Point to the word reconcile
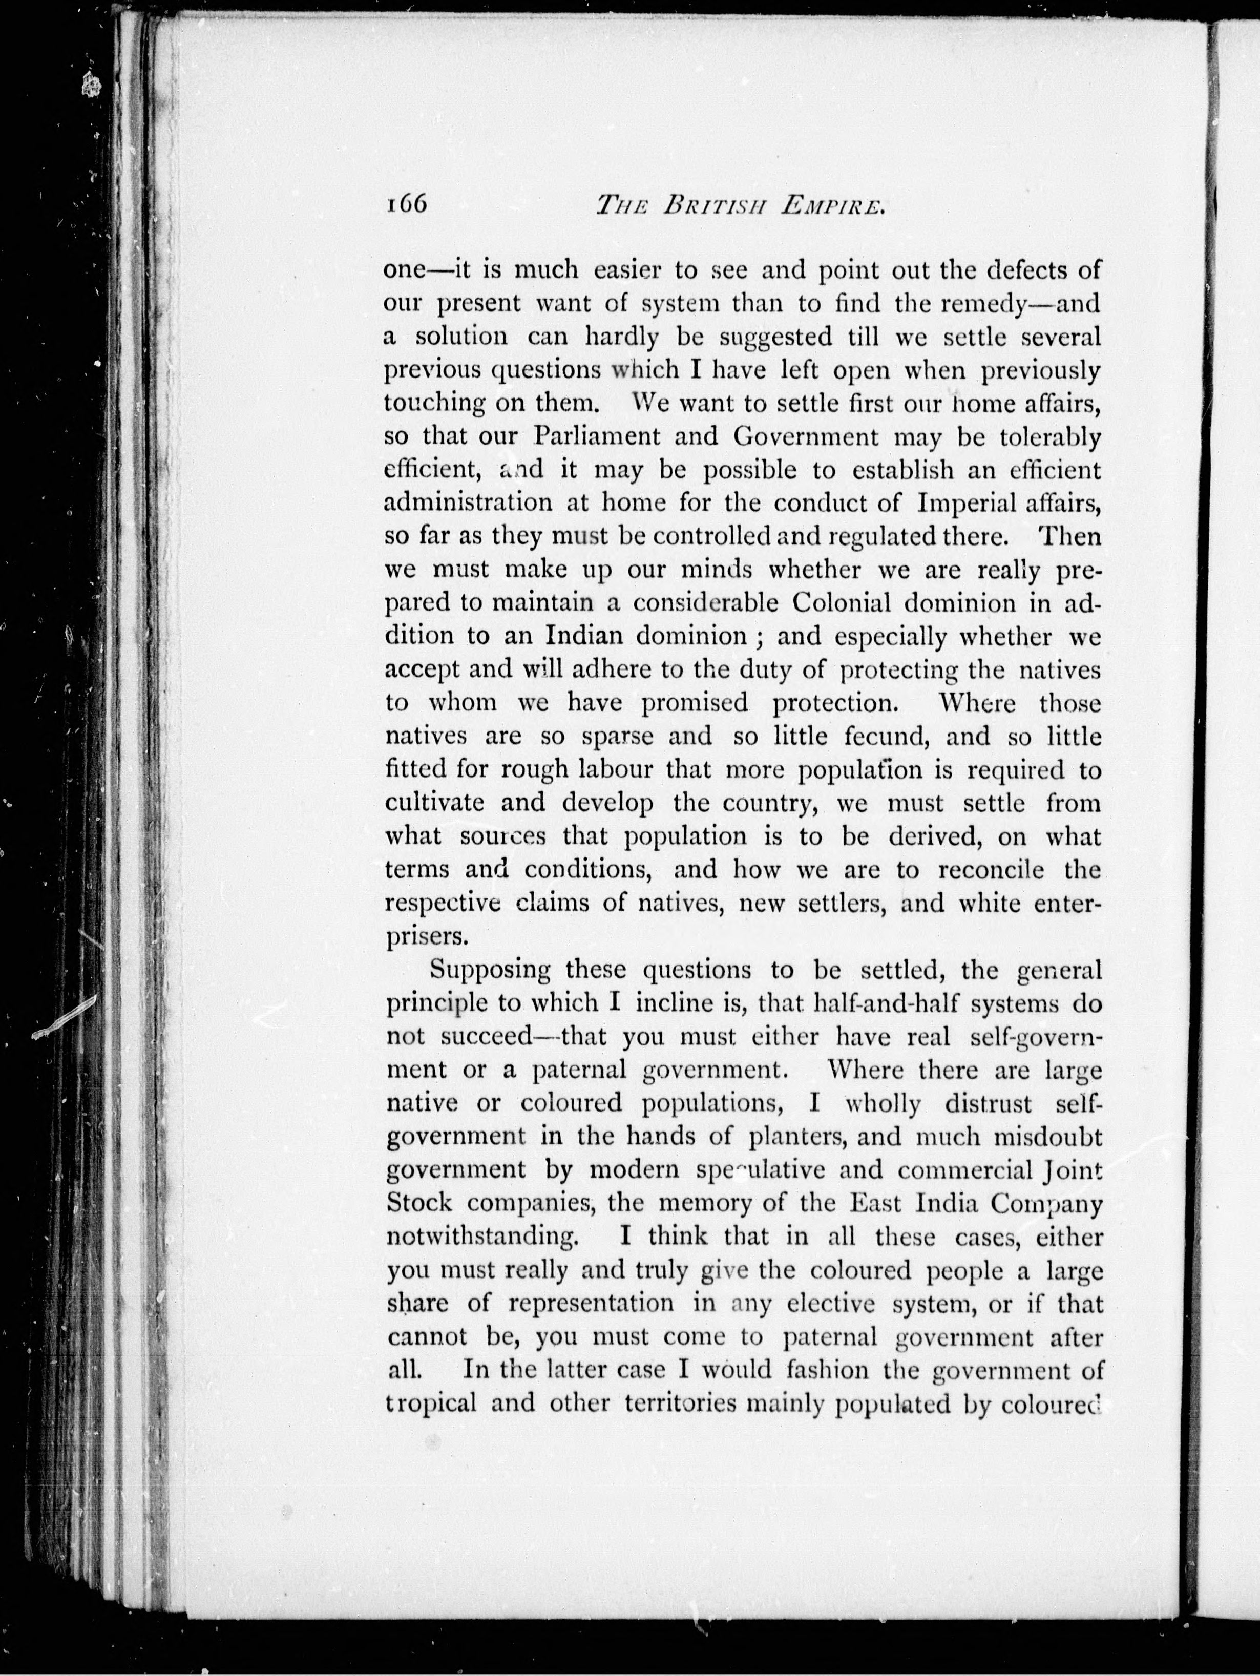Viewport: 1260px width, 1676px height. tap(990, 870)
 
